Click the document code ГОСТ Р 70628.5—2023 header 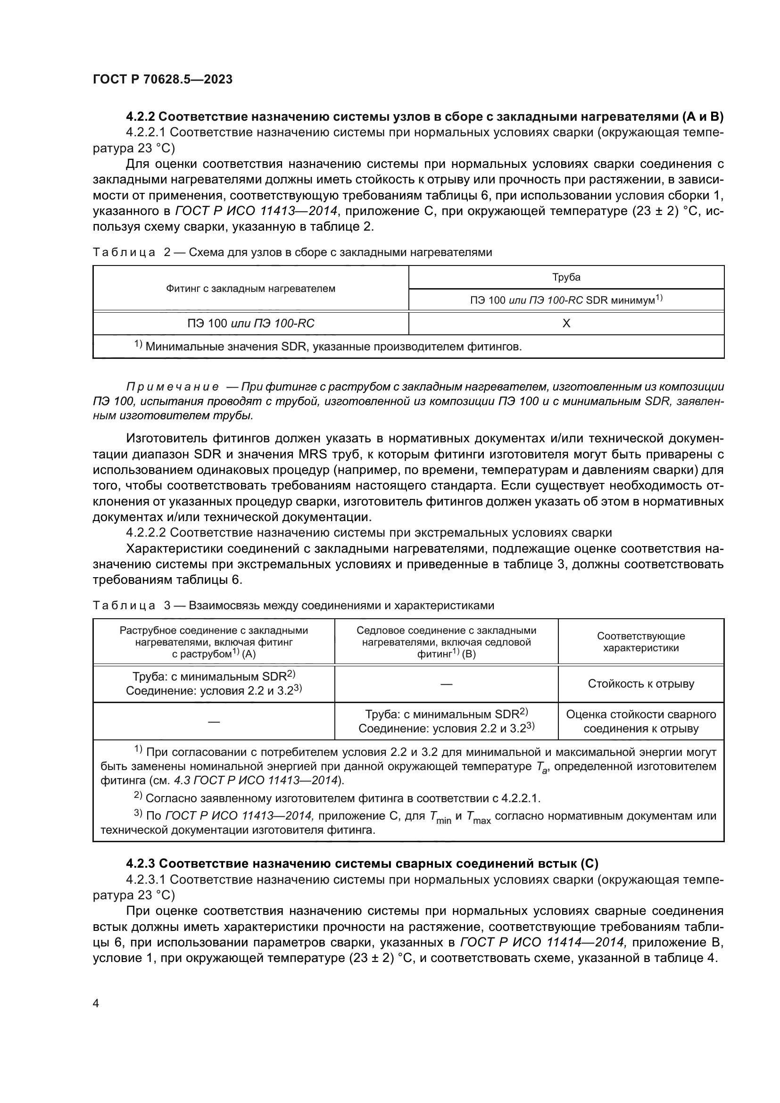click(162, 79)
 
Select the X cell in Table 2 click(566, 323)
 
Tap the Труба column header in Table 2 click(566, 277)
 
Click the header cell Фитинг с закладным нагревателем click(250, 289)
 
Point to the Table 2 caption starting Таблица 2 click(292, 252)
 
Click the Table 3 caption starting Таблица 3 click(293, 606)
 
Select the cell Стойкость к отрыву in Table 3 click(641, 684)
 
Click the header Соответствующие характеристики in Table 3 click(641, 642)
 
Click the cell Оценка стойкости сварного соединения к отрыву click(641, 721)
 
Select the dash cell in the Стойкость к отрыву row click(446, 684)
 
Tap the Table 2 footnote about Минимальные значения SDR click(328, 347)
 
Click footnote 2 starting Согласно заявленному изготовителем click(337, 798)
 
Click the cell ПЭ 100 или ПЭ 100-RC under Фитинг click(250, 323)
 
